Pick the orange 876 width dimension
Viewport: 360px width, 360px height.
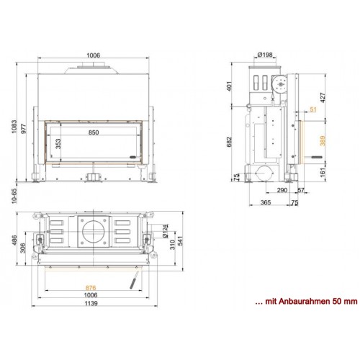(90, 287)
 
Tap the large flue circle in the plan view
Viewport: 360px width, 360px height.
(94, 233)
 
